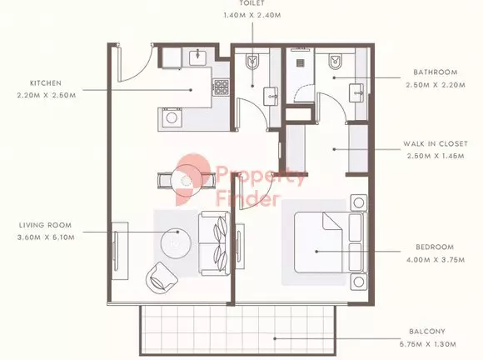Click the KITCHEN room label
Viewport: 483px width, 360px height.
click(x=46, y=83)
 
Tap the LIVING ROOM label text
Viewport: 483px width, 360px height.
click(x=45, y=225)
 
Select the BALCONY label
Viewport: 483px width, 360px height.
click(x=427, y=332)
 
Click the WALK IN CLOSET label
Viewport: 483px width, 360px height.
click(x=436, y=143)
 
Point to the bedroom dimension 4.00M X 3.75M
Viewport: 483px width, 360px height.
click(x=436, y=260)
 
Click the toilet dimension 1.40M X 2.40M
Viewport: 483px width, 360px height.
click(x=252, y=15)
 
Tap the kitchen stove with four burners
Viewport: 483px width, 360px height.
click(x=222, y=87)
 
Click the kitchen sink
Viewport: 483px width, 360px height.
click(x=197, y=57)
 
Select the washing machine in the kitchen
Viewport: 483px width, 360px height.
click(x=170, y=117)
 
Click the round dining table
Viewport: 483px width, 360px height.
click(x=186, y=180)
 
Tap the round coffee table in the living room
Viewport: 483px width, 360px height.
click(x=176, y=243)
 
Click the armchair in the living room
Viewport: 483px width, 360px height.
click(x=162, y=278)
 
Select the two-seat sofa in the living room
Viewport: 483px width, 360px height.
click(x=214, y=243)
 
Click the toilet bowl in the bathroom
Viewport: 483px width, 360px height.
click(x=335, y=62)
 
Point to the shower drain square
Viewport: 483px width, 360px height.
click(x=301, y=63)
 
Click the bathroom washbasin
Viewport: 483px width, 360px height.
click(x=356, y=92)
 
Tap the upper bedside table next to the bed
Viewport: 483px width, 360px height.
click(x=359, y=202)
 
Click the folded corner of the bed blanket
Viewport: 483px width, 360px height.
click(x=331, y=221)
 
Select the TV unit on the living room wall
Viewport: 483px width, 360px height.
click(x=119, y=251)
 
